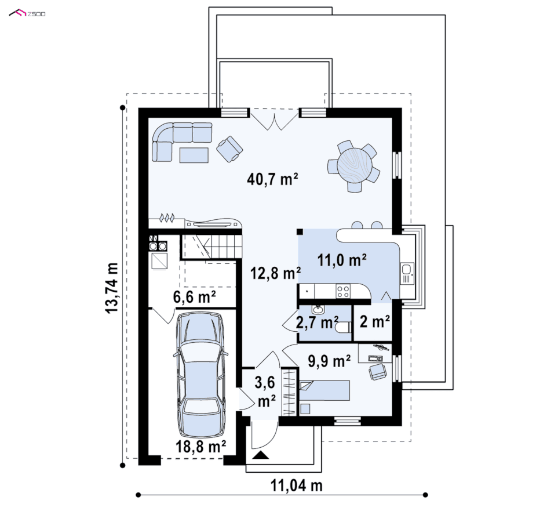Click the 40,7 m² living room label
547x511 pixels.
(272, 179)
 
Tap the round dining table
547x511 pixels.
(355, 165)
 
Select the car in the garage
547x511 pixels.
(200, 375)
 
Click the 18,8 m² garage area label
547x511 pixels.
(200, 447)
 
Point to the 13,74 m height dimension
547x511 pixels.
(112, 288)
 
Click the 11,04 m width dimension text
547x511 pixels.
(297, 485)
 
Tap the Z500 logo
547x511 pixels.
(27, 13)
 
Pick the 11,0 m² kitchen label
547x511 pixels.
(342, 260)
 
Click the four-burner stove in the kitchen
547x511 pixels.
(343, 291)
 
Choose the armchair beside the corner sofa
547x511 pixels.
(229, 149)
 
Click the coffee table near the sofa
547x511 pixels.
(194, 155)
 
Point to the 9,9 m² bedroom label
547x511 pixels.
(329, 361)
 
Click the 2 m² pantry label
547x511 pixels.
(375, 321)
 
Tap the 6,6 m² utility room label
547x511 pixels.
(194, 297)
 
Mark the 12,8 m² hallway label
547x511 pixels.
(276, 273)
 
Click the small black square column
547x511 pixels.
(300, 231)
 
